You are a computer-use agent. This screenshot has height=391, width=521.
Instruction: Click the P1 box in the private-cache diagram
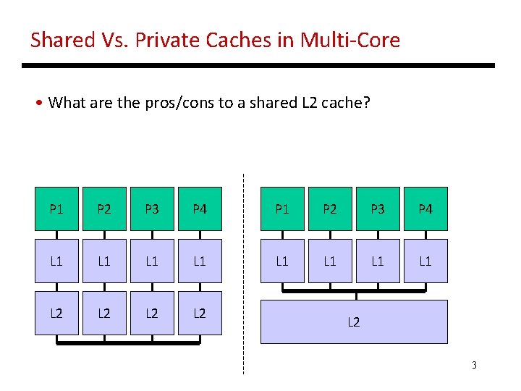click(56, 209)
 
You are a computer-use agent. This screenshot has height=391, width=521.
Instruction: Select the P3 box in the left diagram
click(152, 209)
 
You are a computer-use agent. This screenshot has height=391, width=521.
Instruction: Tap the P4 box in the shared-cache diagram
click(425, 209)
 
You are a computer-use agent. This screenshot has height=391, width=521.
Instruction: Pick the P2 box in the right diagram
click(330, 209)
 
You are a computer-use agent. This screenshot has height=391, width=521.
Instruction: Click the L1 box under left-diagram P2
click(104, 261)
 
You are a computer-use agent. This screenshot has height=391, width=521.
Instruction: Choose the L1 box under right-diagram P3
click(378, 261)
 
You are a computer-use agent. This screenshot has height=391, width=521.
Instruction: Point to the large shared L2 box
click(354, 321)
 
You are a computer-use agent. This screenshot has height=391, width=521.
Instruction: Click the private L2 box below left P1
click(56, 313)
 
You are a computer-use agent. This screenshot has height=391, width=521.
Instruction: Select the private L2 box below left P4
click(200, 313)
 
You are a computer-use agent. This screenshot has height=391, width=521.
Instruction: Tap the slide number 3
click(474, 365)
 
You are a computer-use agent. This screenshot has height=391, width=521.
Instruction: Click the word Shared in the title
click(62, 40)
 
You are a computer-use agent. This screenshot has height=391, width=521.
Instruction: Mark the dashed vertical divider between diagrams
click(243, 275)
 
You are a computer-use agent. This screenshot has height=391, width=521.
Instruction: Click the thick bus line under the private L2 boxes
click(128, 342)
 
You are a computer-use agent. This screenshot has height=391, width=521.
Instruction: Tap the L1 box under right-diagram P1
click(282, 261)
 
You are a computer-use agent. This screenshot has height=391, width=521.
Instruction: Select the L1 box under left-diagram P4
click(200, 261)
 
